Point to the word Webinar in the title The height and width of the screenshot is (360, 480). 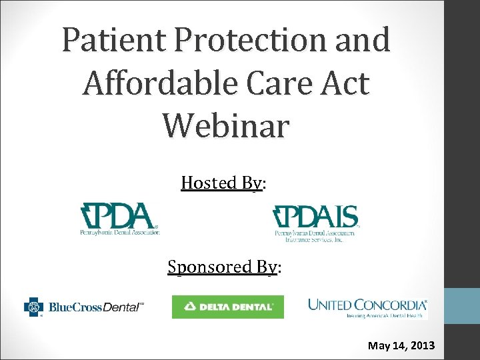pyautogui.click(x=225, y=125)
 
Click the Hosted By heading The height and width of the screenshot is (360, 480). pyautogui.click(x=223, y=183)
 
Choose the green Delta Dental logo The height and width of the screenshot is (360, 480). pyautogui.click(x=227, y=307)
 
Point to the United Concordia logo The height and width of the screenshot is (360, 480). pyautogui.click(x=367, y=307)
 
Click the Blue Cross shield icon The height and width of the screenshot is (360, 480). pyautogui.click(x=33, y=307)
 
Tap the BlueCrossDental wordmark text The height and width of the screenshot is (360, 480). pyautogui.click(x=95, y=307)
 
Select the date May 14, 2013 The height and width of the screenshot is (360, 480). pyautogui.click(x=401, y=345)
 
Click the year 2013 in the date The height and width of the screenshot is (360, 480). pyautogui.click(x=421, y=345)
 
